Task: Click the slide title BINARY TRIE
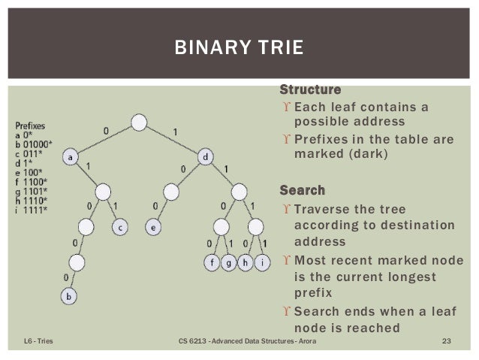coord(239,50)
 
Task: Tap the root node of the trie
coord(138,123)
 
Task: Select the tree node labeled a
coord(70,157)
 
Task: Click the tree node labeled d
coord(206,157)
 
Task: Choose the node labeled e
coord(153,225)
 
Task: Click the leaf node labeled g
coord(228,262)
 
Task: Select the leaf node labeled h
coord(245,262)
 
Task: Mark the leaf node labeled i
coord(261,262)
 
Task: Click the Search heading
coord(302,189)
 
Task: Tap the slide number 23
coord(445,343)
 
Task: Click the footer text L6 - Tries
coord(35,343)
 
